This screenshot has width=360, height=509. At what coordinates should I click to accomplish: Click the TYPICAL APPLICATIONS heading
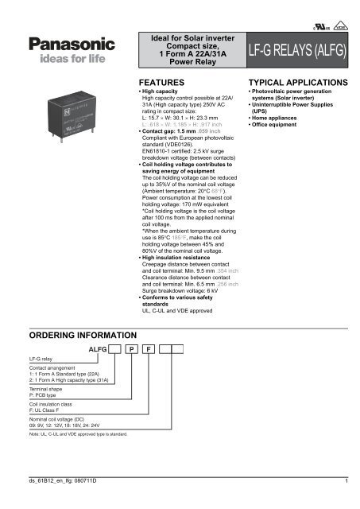[297, 83]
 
